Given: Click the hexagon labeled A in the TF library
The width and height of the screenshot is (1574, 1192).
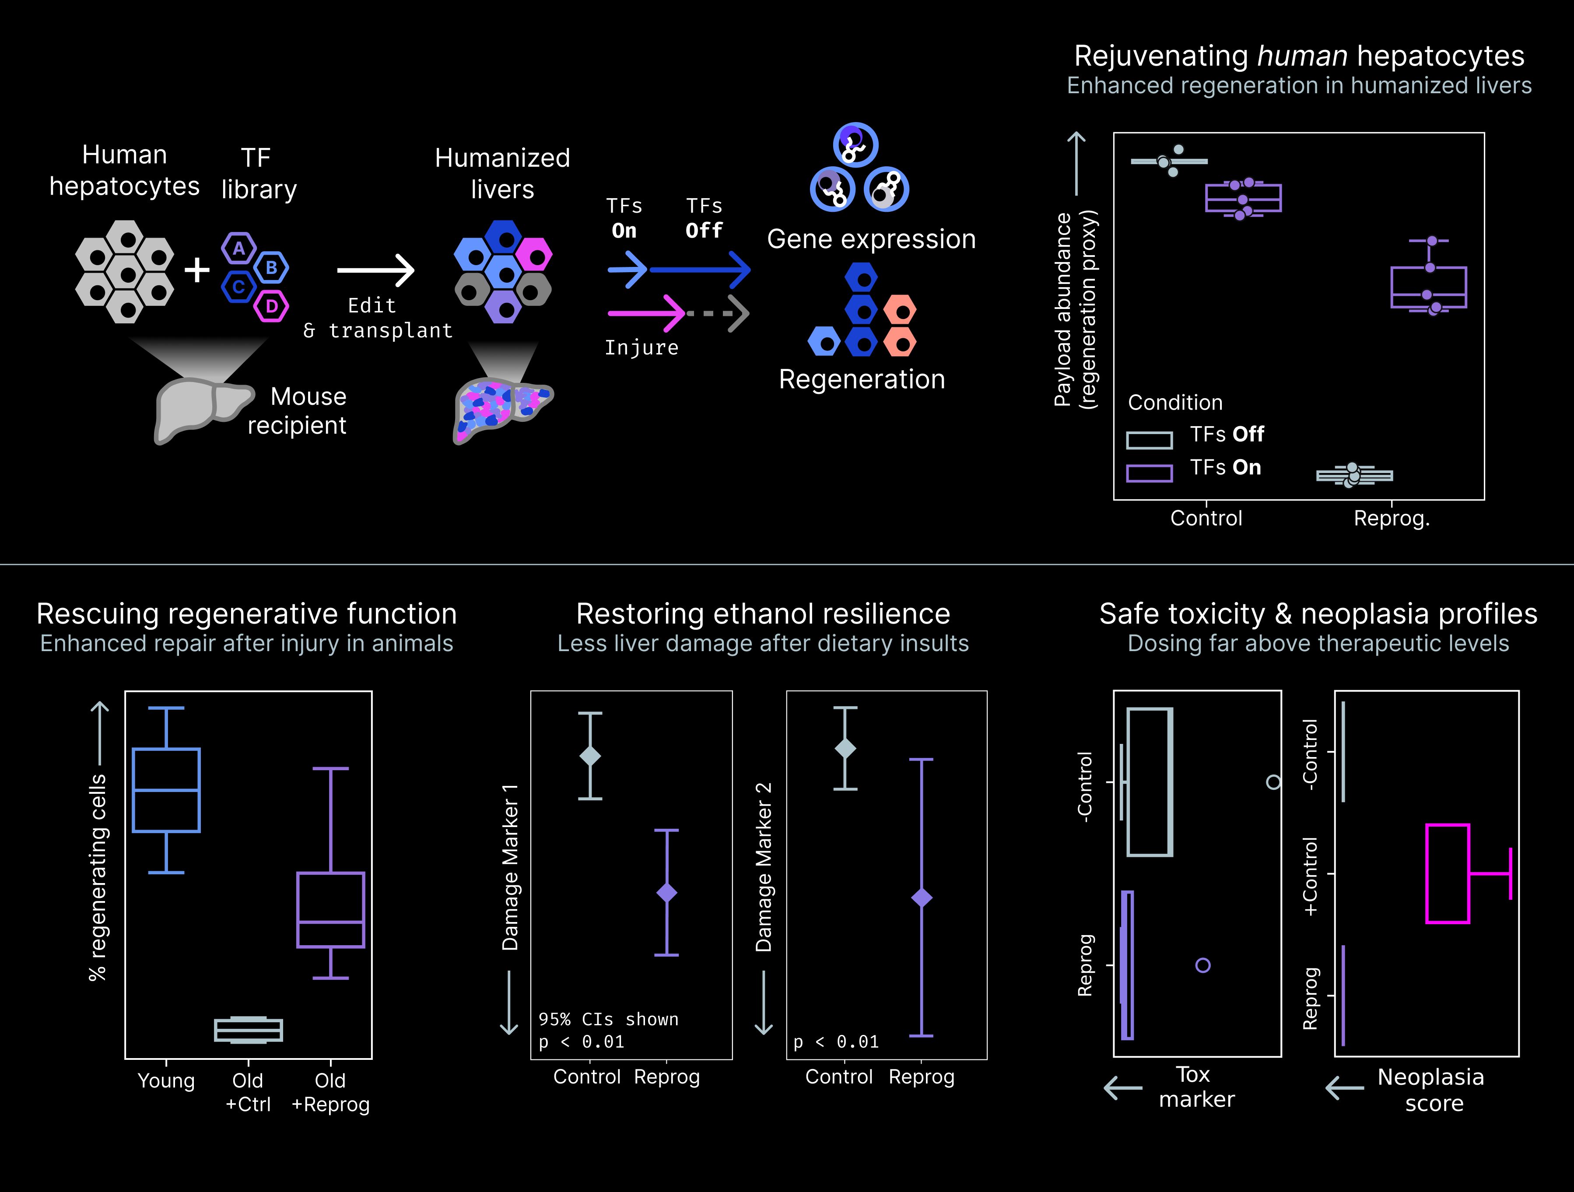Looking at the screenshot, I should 238,249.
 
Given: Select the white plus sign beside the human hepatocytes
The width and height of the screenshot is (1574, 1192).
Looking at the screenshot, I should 196,270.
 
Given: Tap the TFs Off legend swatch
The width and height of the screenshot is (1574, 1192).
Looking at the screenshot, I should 1149,441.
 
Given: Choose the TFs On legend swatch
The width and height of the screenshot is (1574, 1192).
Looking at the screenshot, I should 1149,473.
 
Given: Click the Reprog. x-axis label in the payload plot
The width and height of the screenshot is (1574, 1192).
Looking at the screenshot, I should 1391,518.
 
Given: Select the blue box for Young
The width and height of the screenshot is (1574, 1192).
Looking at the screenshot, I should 167,790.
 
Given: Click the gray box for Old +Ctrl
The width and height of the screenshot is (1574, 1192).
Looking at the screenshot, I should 249,1030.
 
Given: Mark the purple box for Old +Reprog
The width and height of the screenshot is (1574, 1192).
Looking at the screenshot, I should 331,909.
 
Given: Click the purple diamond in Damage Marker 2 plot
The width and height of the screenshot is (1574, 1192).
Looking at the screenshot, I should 922,898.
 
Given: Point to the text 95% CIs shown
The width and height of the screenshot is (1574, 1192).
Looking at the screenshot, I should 608,1019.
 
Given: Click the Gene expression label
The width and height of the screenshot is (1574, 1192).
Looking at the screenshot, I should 871,239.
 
